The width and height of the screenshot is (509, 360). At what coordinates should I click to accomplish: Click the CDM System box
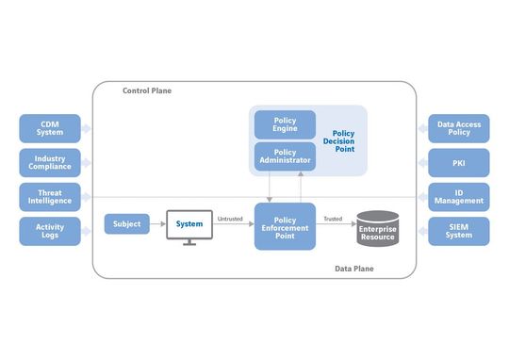click(x=50, y=127)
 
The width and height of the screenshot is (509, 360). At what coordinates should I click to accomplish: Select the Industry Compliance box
click(x=50, y=162)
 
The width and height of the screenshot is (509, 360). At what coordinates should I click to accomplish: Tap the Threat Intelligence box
click(x=50, y=196)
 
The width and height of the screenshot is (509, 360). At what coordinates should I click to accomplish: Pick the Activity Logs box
click(x=50, y=231)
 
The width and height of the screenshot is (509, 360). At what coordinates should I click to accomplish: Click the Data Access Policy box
click(x=459, y=127)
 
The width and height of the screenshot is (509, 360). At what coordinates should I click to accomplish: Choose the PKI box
click(x=459, y=162)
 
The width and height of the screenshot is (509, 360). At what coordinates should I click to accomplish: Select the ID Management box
click(x=459, y=196)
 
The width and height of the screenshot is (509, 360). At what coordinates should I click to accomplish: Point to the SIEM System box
click(x=459, y=231)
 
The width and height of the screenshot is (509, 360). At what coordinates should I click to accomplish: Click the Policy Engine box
click(x=285, y=124)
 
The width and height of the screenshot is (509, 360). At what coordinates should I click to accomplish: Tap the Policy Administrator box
click(x=285, y=155)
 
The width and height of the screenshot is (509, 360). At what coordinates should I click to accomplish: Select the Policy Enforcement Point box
click(x=285, y=226)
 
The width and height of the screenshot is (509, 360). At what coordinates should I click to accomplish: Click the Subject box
click(x=126, y=224)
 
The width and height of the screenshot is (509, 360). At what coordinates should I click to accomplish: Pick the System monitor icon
click(x=189, y=227)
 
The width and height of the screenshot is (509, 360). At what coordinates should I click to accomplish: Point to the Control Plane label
click(x=147, y=90)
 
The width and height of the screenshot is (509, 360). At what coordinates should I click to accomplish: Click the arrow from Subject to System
click(x=157, y=224)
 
